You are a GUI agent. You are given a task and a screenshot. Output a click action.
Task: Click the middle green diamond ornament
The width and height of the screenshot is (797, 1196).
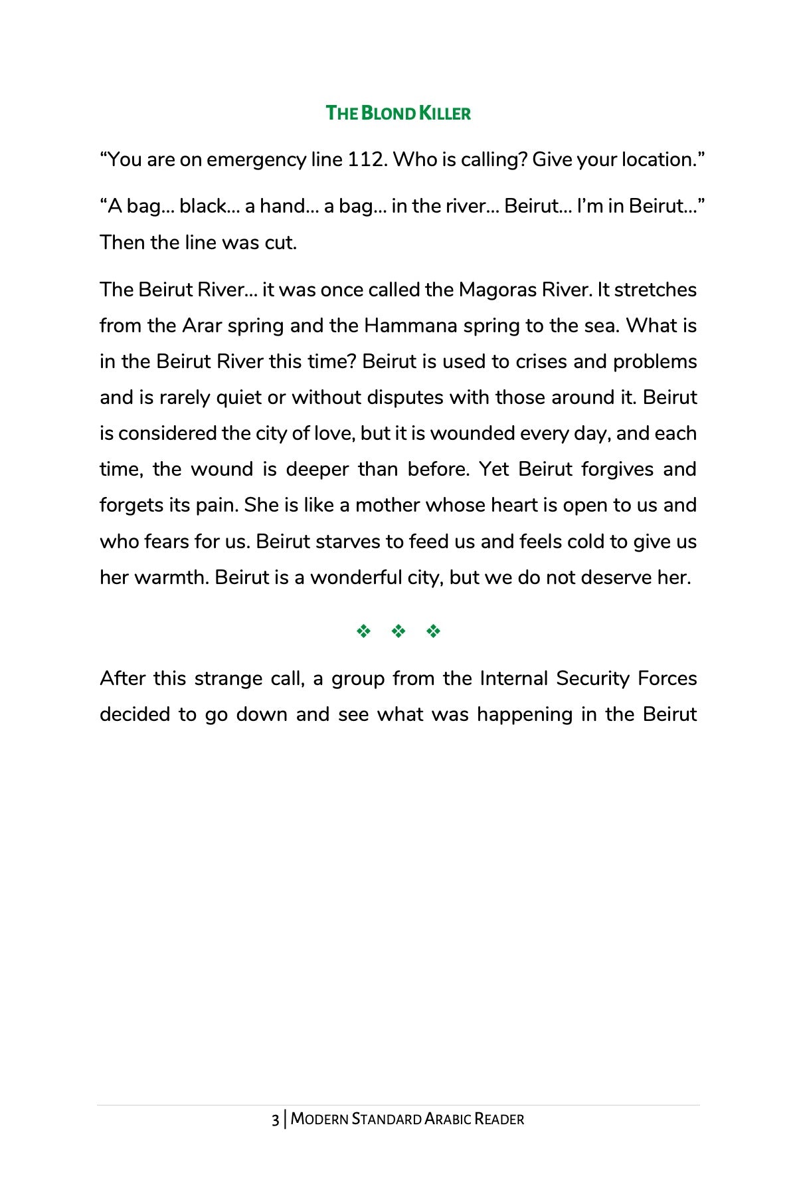(x=398, y=631)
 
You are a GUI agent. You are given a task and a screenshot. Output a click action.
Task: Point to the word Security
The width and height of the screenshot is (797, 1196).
(x=592, y=679)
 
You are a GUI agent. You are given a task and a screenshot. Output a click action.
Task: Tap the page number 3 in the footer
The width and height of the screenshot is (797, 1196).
(x=275, y=1120)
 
